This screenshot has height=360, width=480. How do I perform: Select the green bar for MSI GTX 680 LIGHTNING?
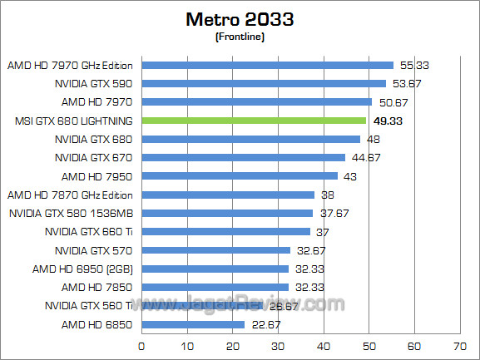[254, 121]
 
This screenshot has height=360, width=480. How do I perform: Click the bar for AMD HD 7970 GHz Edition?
[267, 65]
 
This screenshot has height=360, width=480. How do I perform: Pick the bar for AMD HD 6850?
[193, 324]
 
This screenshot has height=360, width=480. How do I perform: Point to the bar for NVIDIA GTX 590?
[264, 83]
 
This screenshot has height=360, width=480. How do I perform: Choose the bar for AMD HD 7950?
[240, 176]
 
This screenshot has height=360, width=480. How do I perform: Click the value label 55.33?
[413, 65]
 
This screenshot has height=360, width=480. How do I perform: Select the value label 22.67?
[265, 324]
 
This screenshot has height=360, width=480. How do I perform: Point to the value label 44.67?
[365, 157]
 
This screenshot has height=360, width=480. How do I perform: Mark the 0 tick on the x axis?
[142, 344]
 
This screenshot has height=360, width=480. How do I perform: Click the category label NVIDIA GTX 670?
[93, 157]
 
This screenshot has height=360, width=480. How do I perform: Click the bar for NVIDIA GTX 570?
[216, 250]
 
